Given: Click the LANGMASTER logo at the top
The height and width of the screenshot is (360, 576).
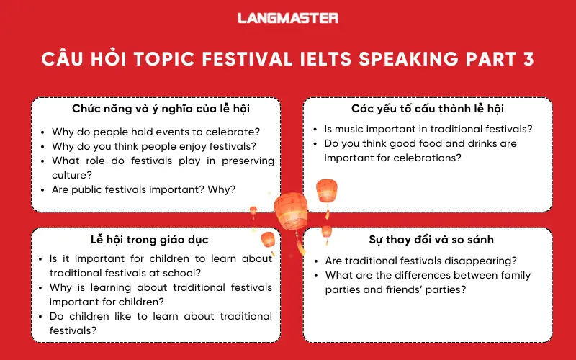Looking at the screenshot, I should (288, 18).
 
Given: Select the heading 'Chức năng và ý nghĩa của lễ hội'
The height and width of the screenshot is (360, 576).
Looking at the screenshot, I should (156, 109).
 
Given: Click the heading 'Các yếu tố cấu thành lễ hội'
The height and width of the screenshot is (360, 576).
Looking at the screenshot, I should (427, 109).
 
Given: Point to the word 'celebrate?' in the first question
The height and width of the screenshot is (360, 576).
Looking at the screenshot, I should (233, 132).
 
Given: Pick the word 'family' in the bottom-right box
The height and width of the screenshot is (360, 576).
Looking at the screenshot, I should (510, 275).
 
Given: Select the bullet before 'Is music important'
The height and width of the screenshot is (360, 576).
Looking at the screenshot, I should (317, 130).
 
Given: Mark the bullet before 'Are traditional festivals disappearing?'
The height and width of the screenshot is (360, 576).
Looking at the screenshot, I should (317, 261).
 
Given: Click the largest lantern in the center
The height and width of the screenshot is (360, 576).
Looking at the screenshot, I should (292, 209).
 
